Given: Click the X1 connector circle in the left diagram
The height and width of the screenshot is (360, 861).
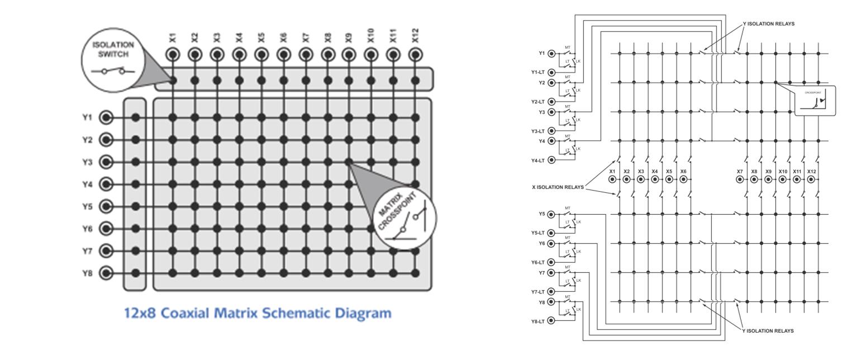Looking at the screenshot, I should (x=173, y=55).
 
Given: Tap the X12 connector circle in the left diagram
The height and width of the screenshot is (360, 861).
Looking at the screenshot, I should (x=415, y=55).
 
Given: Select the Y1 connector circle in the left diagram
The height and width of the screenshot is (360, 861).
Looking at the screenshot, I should (x=106, y=117).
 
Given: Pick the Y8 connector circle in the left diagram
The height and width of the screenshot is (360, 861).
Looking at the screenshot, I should (x=106, y=273).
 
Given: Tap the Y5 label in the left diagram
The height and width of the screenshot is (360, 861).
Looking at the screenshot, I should (x=87, y=207).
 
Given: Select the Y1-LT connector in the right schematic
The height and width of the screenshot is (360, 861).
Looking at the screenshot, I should (x=551, y=72).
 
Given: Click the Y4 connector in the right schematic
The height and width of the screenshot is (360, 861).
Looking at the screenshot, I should (x=551, y=141).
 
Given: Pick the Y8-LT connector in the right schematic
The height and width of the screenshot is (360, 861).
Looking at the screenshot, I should (x=551, y=321).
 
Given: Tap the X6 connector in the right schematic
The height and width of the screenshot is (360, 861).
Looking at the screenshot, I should (x=683, y=179).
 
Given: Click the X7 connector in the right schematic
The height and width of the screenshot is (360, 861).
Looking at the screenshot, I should (x=740, y=179).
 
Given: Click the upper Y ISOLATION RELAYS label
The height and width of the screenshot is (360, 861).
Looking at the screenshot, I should (x=768, y=24).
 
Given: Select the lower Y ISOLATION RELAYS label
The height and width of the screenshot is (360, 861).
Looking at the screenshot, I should (x=768, y=331).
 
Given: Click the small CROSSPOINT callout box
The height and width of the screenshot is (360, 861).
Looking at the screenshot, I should (x=815, y=101).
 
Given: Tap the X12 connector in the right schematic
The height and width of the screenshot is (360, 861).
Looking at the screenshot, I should (x=811, y=179).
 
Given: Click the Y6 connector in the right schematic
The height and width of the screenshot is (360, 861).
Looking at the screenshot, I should (x=551, y=244).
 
